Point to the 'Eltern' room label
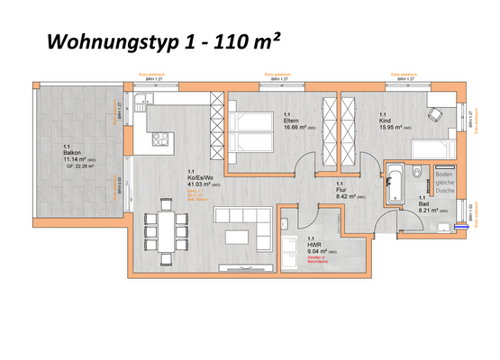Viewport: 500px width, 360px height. coord(292,121)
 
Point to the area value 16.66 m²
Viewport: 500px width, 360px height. coord(295,129)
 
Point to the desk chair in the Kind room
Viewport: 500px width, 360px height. coord(435,114)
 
